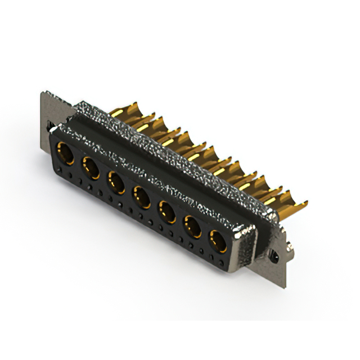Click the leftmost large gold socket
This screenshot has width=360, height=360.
(x=65, y=153)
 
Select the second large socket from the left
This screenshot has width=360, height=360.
(x=91, y=167)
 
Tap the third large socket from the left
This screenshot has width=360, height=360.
(x=116, y=182)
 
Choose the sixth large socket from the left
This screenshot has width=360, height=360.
(x=193, y=227)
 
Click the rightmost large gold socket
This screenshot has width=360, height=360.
(x=218, y=241)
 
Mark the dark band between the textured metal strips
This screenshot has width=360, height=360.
(x=169, y=169)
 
